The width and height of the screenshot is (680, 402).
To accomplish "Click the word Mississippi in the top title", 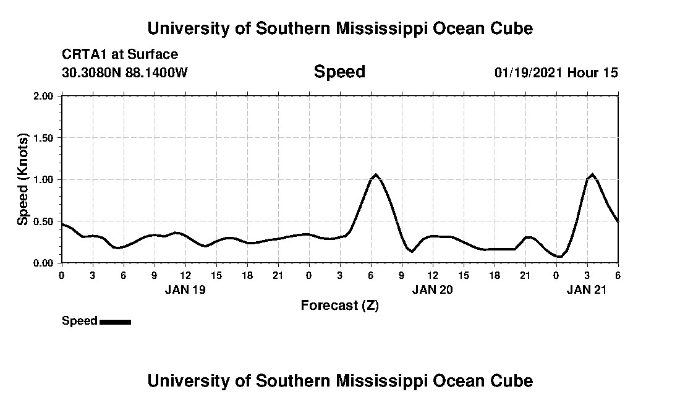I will (381, 28).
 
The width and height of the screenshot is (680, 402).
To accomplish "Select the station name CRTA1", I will (82, 54).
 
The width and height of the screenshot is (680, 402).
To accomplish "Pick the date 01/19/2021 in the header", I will (529, 72).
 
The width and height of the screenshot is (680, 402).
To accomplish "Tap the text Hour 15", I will (593, 72).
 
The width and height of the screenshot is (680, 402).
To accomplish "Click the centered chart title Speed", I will (339, 72).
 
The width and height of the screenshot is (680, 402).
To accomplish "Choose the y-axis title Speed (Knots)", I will (23, 179).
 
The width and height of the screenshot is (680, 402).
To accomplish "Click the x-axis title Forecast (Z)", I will (339, 305).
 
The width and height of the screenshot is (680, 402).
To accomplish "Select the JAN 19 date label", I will (185, 289).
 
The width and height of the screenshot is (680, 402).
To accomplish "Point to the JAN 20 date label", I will (433, 289).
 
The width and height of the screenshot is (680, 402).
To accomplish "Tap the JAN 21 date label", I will (587, 289).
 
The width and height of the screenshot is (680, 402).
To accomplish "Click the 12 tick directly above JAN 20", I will (433, 275).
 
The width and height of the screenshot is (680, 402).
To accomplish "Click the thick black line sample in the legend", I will (115, 322).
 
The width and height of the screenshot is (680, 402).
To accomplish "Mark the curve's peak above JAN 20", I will (375, 175).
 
